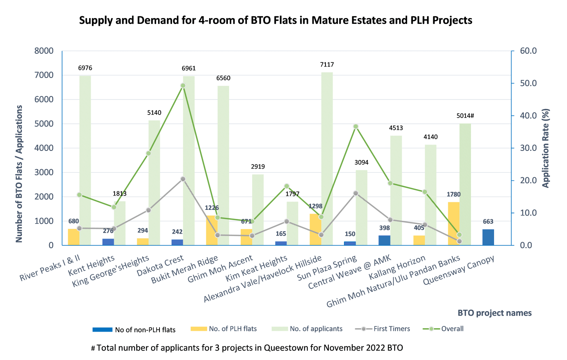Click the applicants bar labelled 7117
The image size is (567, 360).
point(327,159)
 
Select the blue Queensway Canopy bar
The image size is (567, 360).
point(488,237)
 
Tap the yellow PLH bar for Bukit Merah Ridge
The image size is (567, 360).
point(212,230)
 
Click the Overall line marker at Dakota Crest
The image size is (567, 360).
point(183,85)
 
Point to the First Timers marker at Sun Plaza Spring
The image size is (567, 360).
point(356,193)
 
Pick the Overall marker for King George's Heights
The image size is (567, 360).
point(149,153)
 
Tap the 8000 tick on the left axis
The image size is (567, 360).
point(44,51)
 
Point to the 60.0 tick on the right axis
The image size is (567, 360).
point(528,51)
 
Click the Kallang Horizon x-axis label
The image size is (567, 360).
point(397,267)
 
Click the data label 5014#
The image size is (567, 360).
point(465,116)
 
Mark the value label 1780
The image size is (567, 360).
point(454,194)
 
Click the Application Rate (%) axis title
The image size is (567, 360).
point(545,148)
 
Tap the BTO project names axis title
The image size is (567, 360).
point(494,313)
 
